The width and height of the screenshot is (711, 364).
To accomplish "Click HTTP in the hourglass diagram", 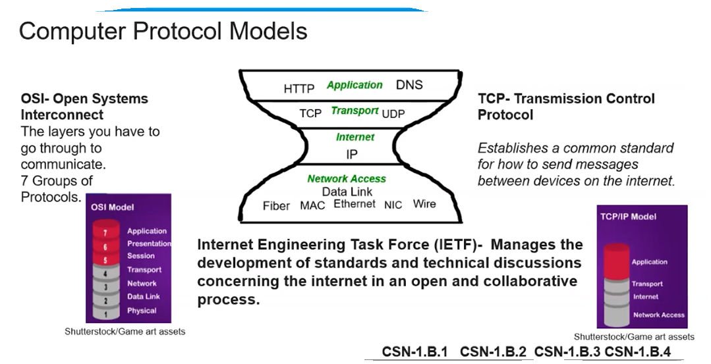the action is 299,88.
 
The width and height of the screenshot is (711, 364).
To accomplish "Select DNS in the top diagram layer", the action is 409,85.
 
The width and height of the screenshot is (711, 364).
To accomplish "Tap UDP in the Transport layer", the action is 393,114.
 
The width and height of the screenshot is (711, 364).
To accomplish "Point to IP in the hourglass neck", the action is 352,155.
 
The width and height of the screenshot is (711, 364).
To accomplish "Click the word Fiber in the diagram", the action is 276,206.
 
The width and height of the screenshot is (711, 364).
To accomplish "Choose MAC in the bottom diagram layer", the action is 312,206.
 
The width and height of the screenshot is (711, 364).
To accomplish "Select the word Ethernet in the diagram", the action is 354,204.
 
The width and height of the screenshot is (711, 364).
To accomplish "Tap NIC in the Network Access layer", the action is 393,205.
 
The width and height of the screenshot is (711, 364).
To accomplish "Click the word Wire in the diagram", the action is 424,204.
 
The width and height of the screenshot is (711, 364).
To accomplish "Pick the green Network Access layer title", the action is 347,179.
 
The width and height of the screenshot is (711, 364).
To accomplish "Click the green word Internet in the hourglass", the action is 355,137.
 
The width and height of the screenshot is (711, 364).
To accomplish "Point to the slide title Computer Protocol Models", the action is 163,31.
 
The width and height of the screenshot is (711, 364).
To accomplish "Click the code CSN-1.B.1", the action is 415,352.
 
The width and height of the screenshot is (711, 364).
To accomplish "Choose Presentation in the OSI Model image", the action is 149,244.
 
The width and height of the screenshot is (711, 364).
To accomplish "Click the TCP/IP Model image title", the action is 628,217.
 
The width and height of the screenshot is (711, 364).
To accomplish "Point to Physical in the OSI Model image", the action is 142,311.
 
